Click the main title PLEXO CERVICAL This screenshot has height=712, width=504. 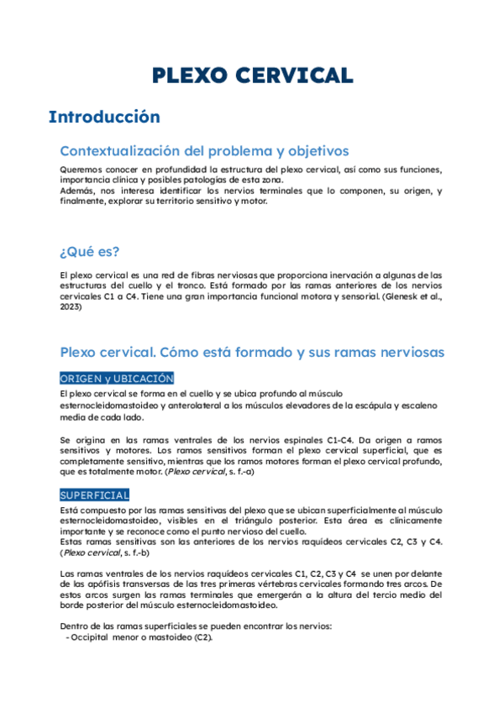pos(252,75)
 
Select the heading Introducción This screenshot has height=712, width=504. pos(104,117)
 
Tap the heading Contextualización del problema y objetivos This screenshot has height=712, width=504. pos(204,151)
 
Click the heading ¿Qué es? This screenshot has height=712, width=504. pos(89,251)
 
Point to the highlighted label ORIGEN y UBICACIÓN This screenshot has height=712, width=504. pos(117,379)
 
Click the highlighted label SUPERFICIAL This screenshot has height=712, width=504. pos(94,495)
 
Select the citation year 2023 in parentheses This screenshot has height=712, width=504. pos(71,306)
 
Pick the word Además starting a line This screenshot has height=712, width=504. pos(78,191)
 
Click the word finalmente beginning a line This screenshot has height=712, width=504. pos(82,202)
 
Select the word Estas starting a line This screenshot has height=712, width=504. pos(74,542)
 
